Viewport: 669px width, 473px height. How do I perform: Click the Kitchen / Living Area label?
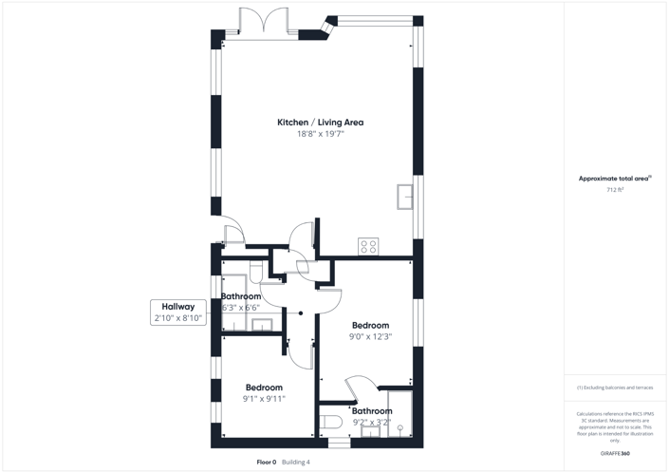(320, 123)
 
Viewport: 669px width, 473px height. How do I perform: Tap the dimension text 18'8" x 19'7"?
(320, 135)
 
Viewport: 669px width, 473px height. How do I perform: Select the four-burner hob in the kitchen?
(367, 246)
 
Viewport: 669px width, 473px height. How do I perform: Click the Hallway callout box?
(178, 312)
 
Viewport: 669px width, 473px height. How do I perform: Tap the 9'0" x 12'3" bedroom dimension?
(370, 336)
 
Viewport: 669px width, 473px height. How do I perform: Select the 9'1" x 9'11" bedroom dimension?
(264, 399)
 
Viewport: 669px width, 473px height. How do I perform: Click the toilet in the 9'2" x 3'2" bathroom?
(331, 422)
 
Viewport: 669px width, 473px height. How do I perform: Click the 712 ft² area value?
(615, 190)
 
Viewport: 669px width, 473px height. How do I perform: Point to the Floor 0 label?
(266, 463)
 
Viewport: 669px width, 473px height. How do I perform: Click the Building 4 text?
(296, 463)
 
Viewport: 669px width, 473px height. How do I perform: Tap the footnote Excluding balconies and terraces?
(615, 388)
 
